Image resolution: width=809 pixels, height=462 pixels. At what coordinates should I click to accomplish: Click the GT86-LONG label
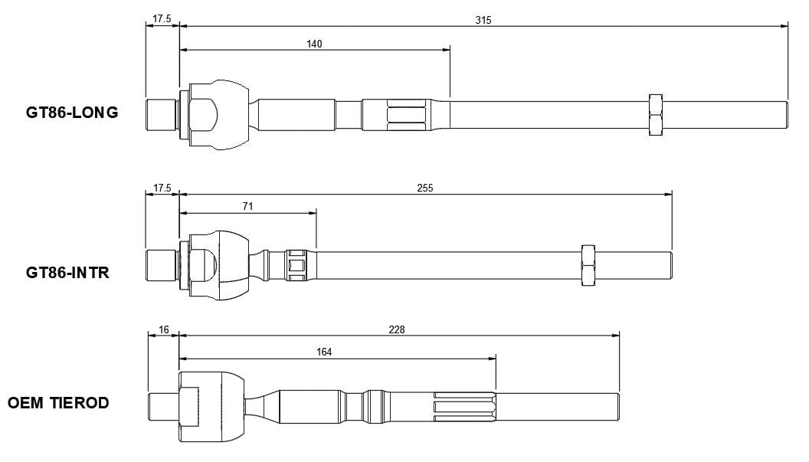72,113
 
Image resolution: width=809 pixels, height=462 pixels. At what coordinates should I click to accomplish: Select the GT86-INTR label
67,272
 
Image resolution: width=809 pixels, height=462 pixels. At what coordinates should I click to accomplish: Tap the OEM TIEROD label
58,402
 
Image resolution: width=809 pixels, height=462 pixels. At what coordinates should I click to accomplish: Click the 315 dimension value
483,20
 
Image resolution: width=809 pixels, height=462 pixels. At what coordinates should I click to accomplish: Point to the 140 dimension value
314,44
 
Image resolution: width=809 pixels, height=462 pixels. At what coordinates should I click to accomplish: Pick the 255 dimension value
425,188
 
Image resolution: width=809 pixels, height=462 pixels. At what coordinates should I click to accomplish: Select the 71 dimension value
247,206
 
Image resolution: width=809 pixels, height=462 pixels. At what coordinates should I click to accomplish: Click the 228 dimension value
396,329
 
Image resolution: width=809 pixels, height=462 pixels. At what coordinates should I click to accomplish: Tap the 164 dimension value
324,352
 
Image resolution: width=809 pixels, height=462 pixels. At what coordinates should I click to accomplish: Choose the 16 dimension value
163,329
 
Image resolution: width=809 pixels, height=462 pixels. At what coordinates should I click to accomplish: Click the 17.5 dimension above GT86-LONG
162,19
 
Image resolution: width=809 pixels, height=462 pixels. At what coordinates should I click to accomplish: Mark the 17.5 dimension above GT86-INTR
162,188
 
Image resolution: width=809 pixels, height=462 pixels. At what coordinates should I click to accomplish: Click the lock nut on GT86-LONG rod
655,115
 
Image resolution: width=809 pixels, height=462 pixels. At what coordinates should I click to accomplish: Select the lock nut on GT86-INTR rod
588,265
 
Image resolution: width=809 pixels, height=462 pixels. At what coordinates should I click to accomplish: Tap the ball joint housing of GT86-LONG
218,115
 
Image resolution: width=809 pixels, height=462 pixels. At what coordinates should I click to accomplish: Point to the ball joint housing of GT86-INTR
218,265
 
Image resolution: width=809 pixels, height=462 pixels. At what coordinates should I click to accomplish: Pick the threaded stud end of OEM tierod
163,406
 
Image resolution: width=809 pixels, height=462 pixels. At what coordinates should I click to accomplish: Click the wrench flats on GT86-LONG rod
407,115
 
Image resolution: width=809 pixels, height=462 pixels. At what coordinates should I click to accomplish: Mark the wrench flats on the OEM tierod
464,406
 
